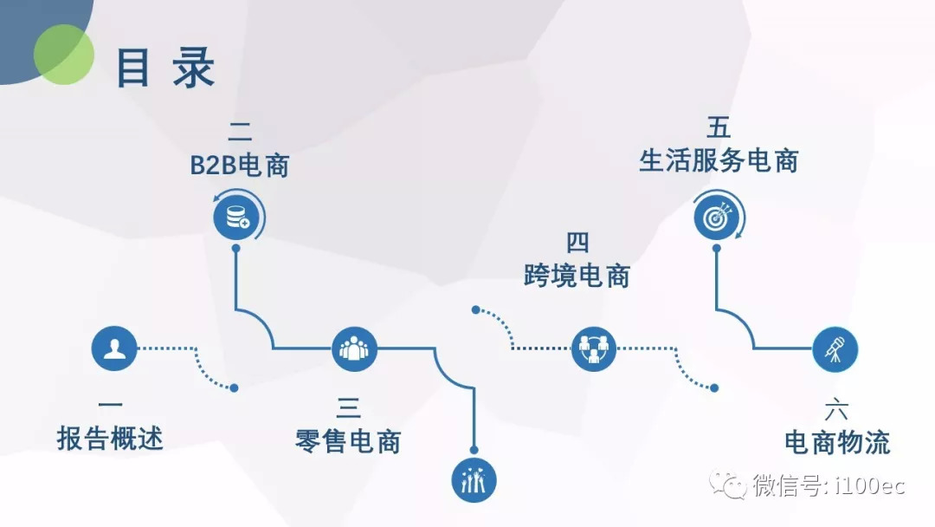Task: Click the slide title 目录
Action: coord(165,68)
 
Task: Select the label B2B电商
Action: coord(240,166)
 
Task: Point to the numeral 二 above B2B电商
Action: coord(240,132)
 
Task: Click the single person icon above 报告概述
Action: coord(115,349)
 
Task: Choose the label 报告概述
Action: coord(110,439)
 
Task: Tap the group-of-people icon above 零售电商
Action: coord(355,349)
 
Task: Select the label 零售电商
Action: coord(347,441)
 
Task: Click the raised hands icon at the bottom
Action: coord(475,478)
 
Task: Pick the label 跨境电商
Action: coord(577,277)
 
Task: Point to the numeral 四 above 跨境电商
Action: coord(577,242)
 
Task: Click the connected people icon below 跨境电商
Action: coord(594,349)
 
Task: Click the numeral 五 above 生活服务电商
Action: coord(719,128)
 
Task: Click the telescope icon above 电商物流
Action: coord(835,349)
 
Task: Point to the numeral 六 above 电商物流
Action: coord(836,409)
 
